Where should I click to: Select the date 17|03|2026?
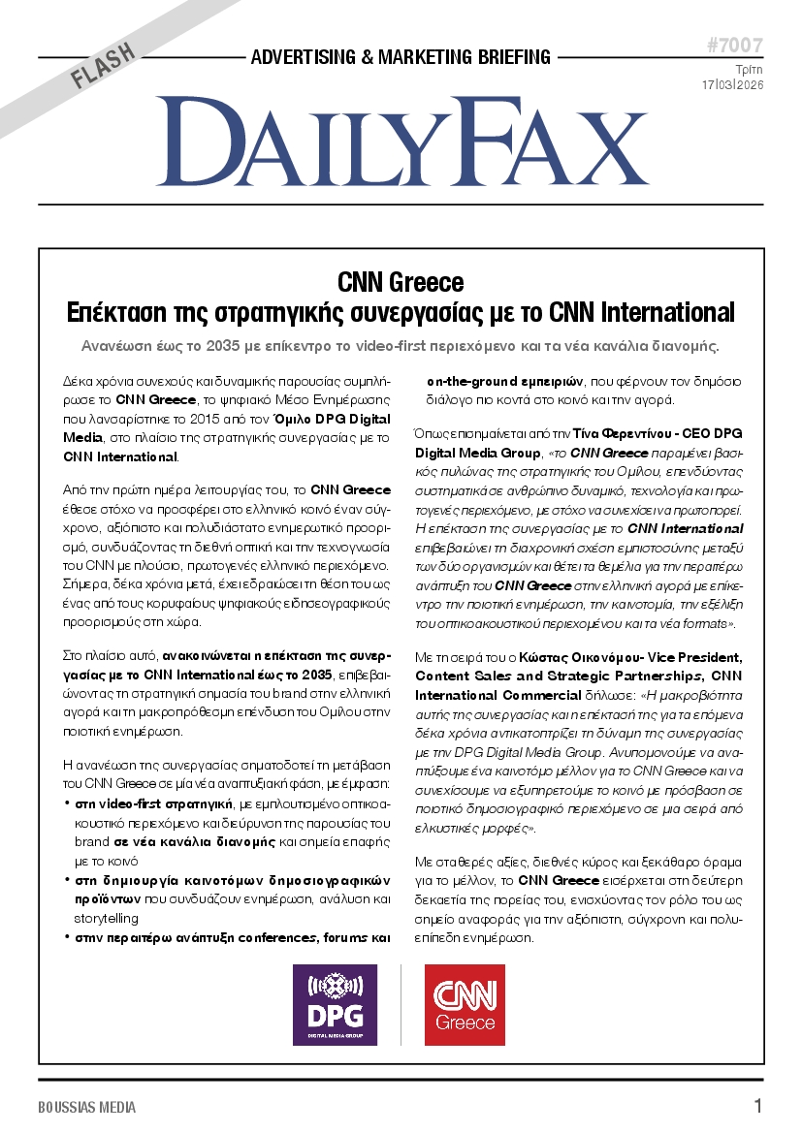(x=732, y=85)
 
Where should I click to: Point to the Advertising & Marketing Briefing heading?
(x=401, y=57)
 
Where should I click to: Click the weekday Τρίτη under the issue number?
(x=749, y=69)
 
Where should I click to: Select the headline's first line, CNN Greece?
(x=401, y=283)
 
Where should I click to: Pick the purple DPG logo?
(x=335, y=1004)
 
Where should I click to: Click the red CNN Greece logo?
(x=465, y=1004)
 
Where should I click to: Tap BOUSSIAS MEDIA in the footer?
(x=87, y=1107)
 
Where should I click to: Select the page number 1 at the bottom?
(x=757, y=1106)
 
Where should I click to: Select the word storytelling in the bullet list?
(x=107, y=918)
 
